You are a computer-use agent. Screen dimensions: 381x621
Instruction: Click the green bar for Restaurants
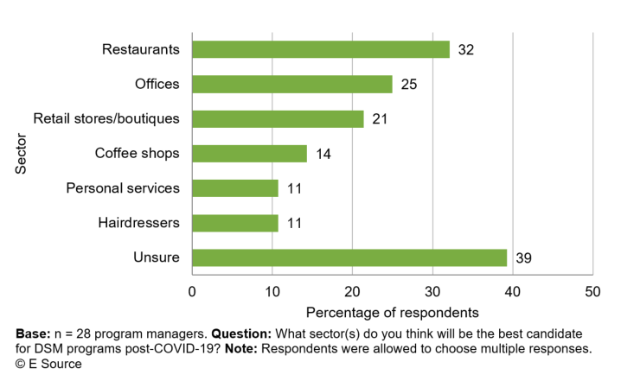[x=320, y=49]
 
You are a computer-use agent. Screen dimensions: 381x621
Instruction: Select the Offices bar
[x=291, y=84]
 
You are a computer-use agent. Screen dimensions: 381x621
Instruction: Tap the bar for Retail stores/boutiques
[x=277, y=118]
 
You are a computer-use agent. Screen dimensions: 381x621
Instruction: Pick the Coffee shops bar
[x=249, y=153]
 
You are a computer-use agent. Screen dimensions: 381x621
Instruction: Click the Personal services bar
[x=235, y=188]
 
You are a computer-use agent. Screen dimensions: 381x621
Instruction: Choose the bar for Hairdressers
[x=235, y=223]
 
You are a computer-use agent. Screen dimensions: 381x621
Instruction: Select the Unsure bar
[x=349, y=257]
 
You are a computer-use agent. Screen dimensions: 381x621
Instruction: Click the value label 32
[x=465, y=49]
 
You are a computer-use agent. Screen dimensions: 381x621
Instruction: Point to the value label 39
[x=522, y=257]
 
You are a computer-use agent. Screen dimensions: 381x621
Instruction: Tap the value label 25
[x=408, y=84]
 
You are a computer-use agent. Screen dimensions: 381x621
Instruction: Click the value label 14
[x=323, y=154]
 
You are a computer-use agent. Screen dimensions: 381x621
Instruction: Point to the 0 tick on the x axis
[x=192, y=291]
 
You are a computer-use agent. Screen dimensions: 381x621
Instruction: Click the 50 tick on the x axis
[x=592, y=291]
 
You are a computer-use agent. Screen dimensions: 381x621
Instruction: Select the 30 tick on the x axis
[x=432, y=291]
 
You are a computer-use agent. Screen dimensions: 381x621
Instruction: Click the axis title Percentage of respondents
[x=392, y=311]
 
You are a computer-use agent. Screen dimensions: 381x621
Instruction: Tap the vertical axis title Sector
[x=22, y=154]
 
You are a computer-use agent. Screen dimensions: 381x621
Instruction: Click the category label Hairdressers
[x=138, y=223]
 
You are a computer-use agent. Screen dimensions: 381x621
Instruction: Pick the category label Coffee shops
[x=137, y=154]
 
